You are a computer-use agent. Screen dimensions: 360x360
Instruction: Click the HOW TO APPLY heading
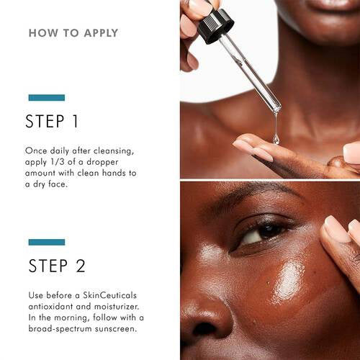[x=73, y=33]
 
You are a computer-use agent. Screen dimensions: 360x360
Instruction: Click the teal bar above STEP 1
[x=46, y=97]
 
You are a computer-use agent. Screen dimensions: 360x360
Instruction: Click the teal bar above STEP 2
[x=46, y=242]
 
